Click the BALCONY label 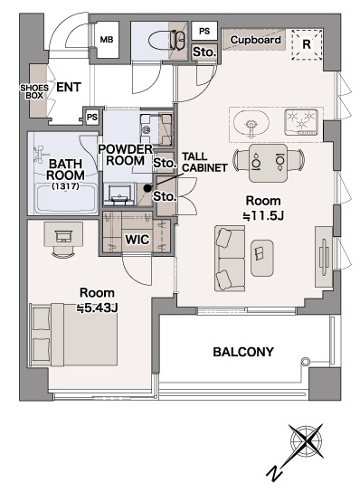[243, 352]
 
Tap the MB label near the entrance [107, 40]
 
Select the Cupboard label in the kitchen [255, 40]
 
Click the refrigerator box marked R [307, 44]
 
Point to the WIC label [137, 240]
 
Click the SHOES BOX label [34, 91]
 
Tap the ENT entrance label [69, 87]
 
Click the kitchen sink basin [251, 124]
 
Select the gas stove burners [301, 122]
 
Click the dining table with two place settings [269, 163]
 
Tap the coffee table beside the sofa [261, 258]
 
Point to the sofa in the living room [230, 258]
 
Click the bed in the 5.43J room [74, 335]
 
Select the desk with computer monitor [63, 234]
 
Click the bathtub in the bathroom [66, 199]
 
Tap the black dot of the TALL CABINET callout [147, 188]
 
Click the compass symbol [306, 441]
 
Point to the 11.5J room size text [263, 216]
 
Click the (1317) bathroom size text [66, 186]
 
